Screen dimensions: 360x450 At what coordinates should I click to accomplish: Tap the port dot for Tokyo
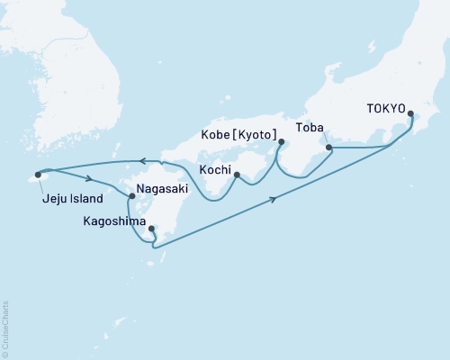(411, 114)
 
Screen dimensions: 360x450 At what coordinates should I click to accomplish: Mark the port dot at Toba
(328, 147)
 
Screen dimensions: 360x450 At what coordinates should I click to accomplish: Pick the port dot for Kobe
(282, 141)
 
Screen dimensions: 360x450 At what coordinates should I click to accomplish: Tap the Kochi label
(217, 169)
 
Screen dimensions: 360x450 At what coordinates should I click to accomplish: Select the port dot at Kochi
(237, 175)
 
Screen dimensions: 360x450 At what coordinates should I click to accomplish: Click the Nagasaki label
(163, 192)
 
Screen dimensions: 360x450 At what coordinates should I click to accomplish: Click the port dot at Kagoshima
(151, 229)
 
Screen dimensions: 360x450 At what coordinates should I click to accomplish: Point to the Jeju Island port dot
(38, 175)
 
